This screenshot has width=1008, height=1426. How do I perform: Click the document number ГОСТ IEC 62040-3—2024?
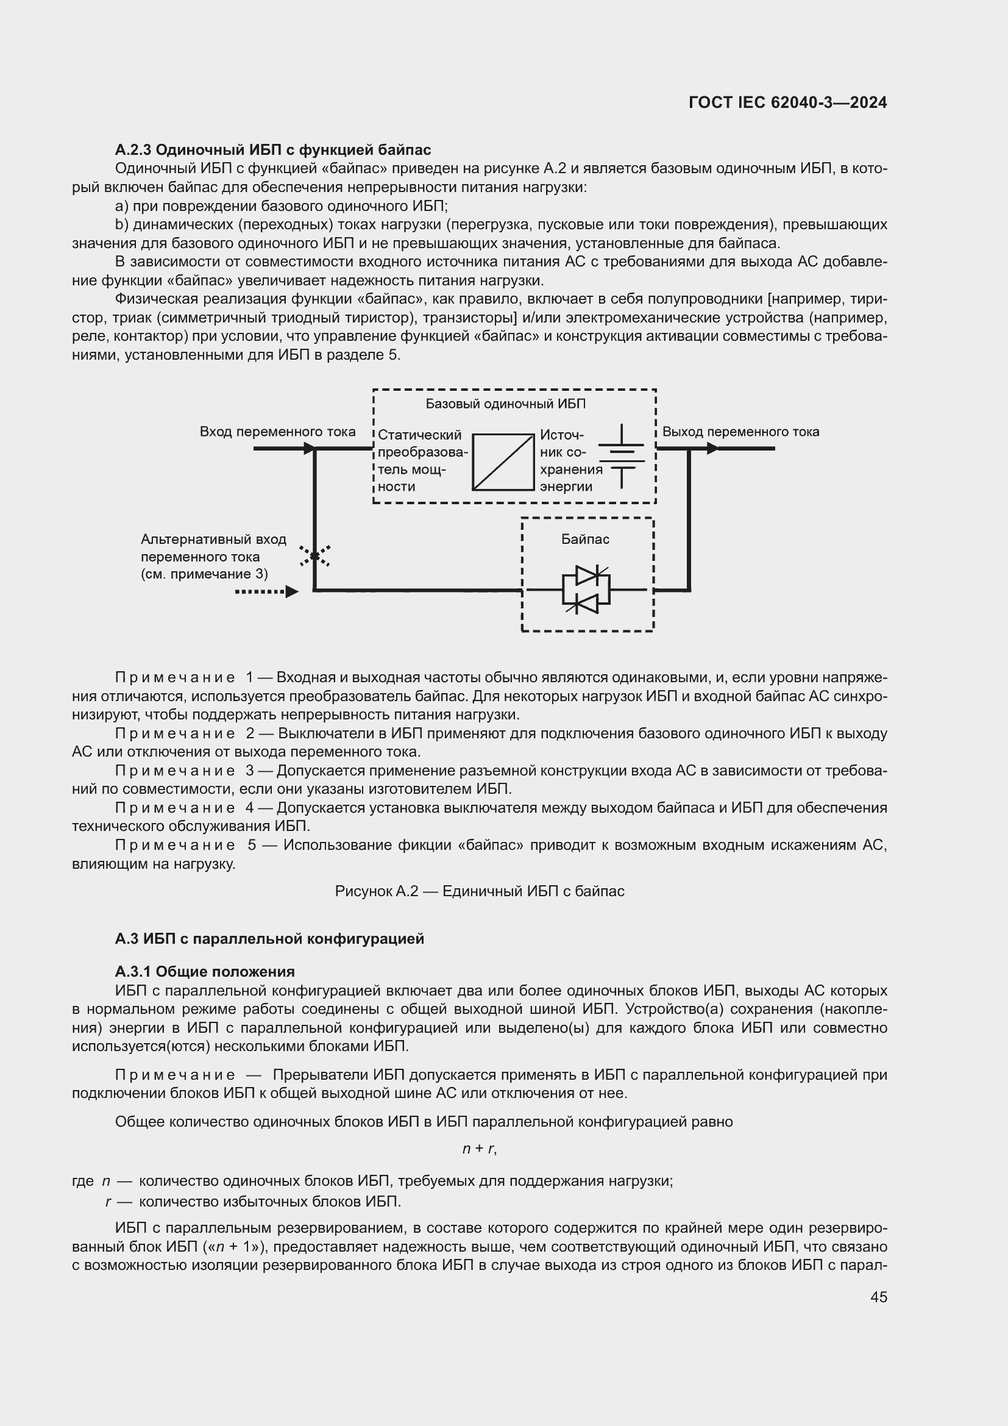point(787,102)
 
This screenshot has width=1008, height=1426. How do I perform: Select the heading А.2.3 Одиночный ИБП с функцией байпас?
point(272,150)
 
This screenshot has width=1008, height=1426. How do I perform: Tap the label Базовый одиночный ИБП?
point(505,404)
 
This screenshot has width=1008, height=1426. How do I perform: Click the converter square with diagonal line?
point(503,462)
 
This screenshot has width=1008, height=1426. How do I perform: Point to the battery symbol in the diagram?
point(621,457)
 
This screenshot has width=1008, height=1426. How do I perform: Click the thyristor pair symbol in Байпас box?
point(586,590)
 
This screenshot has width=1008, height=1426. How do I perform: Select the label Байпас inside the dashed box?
point(585,539)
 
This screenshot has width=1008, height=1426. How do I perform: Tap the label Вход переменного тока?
point(277,432)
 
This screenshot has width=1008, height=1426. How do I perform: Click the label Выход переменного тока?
point(740,432)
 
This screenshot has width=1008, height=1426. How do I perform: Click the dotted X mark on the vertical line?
point(314,556)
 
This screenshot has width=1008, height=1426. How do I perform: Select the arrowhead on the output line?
point(712,449)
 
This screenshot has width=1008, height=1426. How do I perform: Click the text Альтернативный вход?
point(213,539)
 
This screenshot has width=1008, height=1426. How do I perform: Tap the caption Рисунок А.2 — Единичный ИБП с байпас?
point(479,891)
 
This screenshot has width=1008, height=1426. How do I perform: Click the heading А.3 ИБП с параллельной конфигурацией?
point(269,938)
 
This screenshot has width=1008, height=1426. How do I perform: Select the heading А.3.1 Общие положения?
point(205,971)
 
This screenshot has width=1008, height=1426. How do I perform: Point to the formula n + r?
point(479,1149)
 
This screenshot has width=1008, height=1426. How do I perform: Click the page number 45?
point(878,1297)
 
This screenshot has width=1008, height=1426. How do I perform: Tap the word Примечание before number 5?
point(175,844)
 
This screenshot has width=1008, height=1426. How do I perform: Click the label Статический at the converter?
point(419,435)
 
